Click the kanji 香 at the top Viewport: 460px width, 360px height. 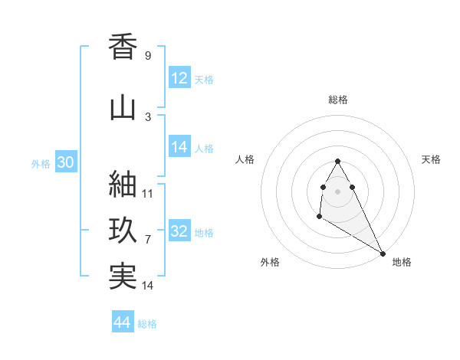[123, 47]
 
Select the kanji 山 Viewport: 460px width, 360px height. [123, 107]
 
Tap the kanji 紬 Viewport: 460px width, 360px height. [123, 185]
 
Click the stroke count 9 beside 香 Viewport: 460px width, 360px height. [148, 56]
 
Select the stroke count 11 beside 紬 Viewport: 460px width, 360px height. [148, 193]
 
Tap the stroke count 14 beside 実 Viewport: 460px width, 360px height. [148, 285]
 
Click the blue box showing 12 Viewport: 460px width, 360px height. [179, 79]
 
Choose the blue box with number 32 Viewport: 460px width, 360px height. [179, 232]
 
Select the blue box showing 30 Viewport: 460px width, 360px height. [65, 163]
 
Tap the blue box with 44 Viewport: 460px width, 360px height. [123, 323]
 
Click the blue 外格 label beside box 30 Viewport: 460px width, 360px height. [41, 164]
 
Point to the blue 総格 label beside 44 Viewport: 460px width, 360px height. [147, 324]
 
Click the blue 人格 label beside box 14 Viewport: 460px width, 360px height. [204, 149]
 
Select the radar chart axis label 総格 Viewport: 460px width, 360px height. [337, 100]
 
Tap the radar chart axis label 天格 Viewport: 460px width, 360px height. [431, 159]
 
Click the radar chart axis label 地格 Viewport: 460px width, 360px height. [402, 262]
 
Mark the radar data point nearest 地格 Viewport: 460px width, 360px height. [383, 253]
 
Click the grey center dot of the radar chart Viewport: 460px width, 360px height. [337, 191]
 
